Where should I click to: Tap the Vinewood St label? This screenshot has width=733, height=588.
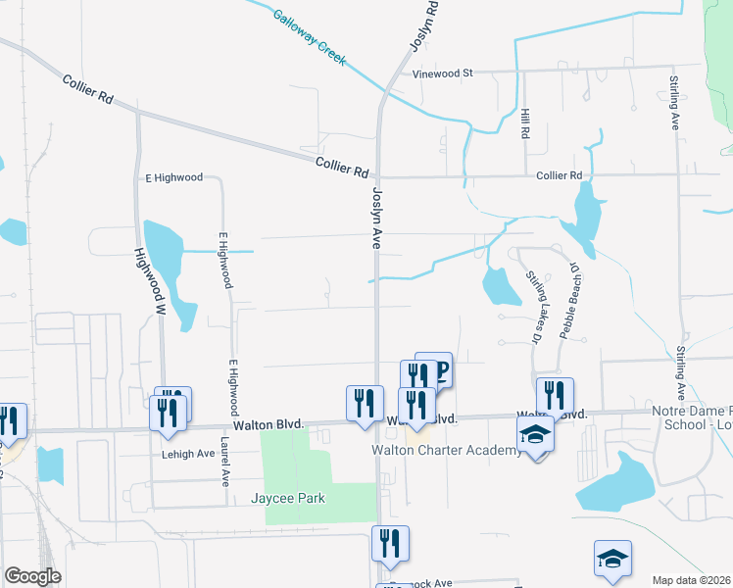[x=443, y=73]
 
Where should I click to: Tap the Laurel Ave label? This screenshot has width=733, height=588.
[x=223, y=462]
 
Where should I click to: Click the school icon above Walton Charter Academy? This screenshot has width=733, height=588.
[x=535, y=432]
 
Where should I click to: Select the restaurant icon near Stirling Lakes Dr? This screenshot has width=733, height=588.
[x=555, y=394]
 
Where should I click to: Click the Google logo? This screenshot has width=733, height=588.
[x=33, y=576]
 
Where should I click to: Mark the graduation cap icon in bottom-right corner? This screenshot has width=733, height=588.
[x=612, y=559]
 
